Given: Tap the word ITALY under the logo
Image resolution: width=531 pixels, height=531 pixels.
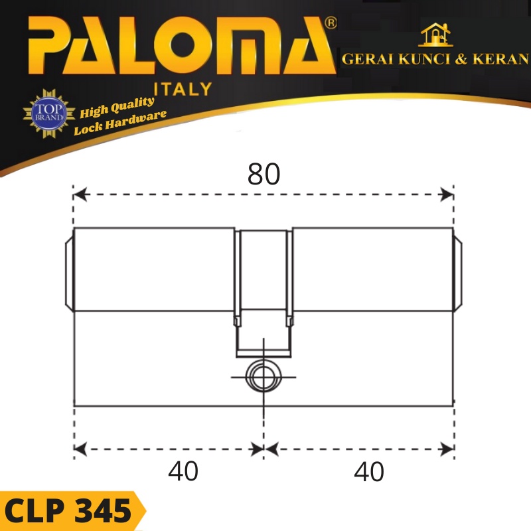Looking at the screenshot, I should tap(183, 88).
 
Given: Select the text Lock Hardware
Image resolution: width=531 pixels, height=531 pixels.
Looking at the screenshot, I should tap(120, 122).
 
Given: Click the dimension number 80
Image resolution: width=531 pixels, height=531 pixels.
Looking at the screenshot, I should tap(264, 174).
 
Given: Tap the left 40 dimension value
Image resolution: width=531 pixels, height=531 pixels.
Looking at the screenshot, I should tap(183, 472).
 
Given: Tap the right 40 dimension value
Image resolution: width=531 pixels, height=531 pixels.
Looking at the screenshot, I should tap(369, 472).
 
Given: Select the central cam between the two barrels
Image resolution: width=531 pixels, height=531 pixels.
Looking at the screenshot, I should tap(263, 292).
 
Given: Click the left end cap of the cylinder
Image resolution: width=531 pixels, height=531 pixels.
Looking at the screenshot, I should tap(69, 270).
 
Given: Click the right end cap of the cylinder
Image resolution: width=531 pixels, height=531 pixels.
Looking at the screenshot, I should tap(457, 270).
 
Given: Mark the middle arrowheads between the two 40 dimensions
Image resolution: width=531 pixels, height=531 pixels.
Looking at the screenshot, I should tap(264, 449).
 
